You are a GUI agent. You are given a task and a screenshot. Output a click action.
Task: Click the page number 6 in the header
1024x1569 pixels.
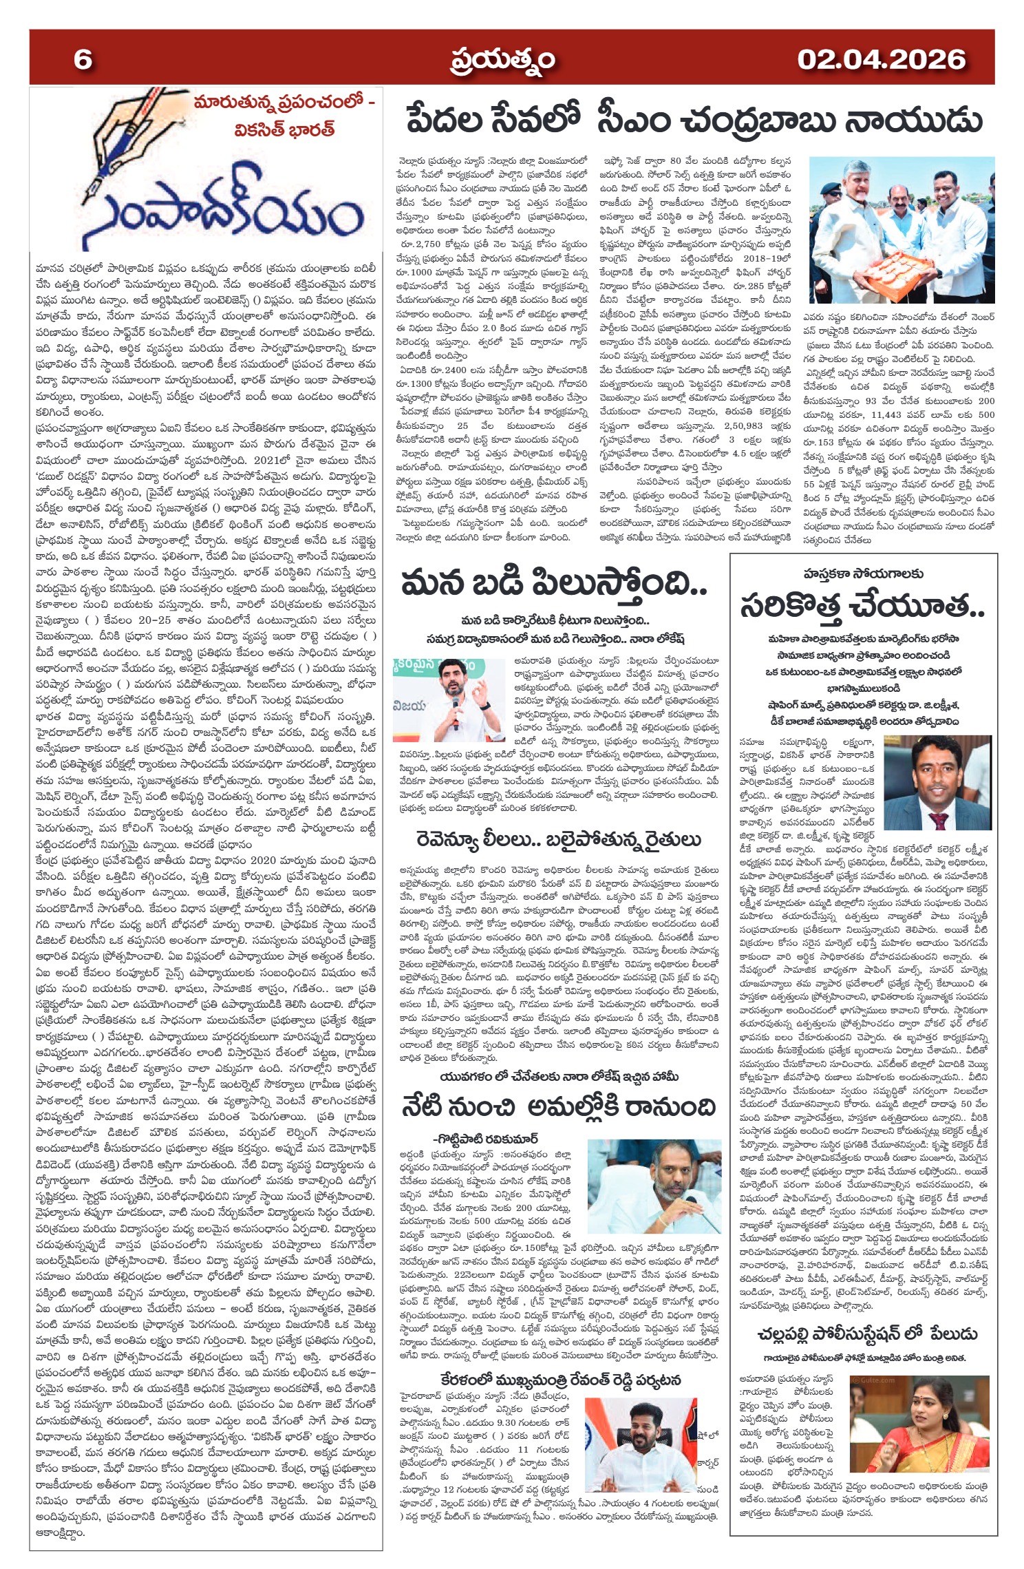point(83,59)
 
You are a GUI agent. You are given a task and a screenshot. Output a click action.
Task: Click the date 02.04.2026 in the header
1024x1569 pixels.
point(881,59)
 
